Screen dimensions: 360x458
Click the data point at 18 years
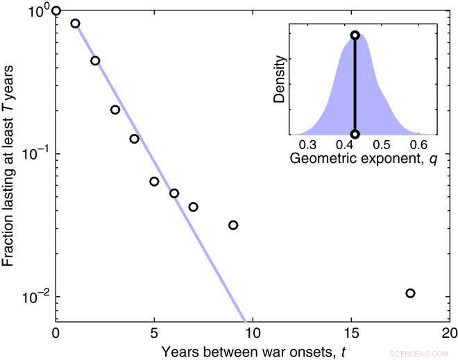(x=410, y=293)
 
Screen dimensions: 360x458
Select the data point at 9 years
(x=233, y=225)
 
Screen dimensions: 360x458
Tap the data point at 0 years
(x=56, y=10)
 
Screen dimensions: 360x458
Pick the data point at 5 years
(x=154, y=182)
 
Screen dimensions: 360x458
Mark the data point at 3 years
(x=115, y=110)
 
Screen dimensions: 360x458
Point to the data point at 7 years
(x=194, y=207)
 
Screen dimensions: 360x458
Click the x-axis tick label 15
(x=352, y=331)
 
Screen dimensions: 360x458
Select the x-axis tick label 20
(x=450, y=331)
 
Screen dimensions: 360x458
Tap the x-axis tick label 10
(x=253, y=331)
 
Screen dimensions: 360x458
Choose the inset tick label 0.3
(x=307, y=145)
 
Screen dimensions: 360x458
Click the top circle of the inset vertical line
(x=355, y=35)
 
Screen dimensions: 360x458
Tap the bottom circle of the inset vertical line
(x=355, y=135)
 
